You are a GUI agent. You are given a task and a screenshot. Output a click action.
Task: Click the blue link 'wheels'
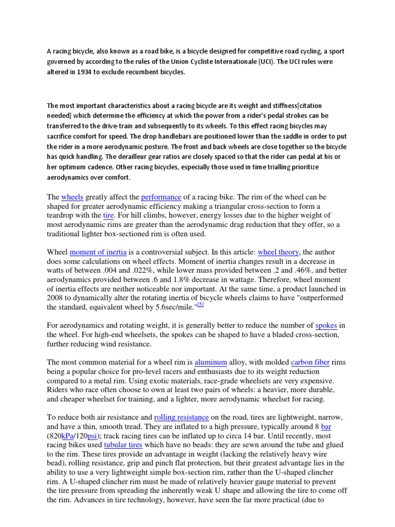[x=72, y=197]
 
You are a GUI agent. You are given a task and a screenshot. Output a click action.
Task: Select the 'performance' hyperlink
[x=161, y=197]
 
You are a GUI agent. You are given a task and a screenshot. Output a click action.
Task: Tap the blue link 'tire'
[x=108, y=215]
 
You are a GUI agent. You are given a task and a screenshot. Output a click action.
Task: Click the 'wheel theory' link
[x=278, y=252]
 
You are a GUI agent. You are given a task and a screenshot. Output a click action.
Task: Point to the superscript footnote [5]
[x=201, y=305]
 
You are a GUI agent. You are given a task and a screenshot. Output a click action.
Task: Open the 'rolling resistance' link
[x=181, y=417]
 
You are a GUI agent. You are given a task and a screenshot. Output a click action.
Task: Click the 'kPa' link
[x=68, y=435]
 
